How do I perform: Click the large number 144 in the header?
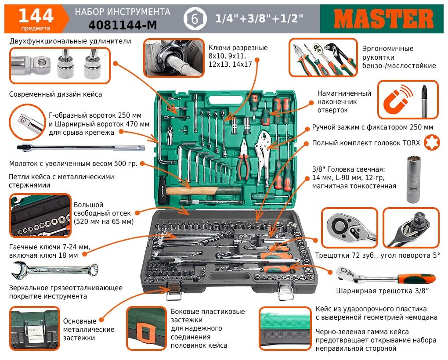(x=36, y=16)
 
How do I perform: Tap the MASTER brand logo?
(x=384, y=19)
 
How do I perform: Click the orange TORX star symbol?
(x=432, y=143)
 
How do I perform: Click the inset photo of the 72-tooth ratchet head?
(x=349, y=227)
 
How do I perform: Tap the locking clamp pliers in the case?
(x=268, y=151)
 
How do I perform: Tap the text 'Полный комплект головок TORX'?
(x=366, y=143)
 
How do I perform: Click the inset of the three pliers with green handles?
(x=323, y=57)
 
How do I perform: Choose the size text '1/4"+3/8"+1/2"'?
(x=259, y=19)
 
